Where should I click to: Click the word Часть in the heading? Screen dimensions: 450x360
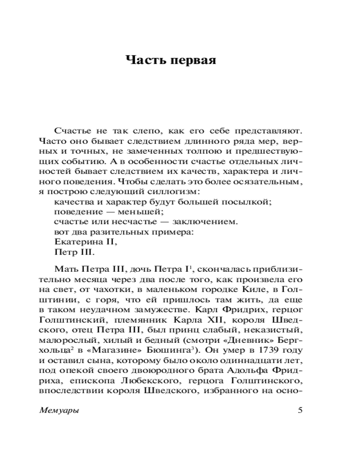(145, 60)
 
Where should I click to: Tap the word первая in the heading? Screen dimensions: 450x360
(193, 60)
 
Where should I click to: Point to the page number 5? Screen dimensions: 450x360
(301, 410)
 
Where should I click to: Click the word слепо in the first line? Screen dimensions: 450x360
(141, 130)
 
